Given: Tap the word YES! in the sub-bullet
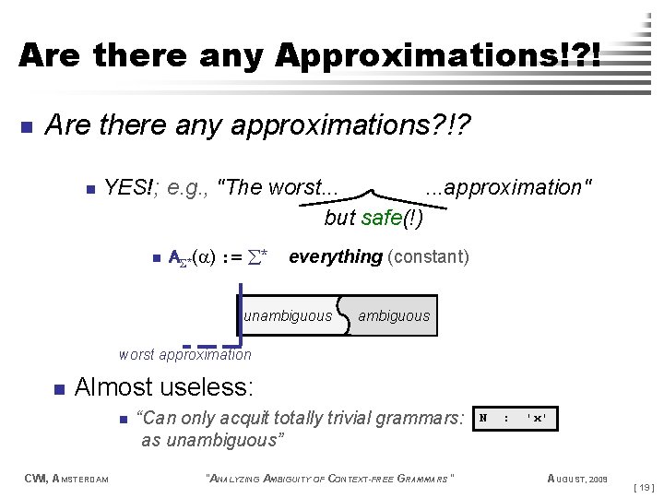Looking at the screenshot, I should (127, 188).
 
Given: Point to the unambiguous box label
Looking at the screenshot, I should (288, 316).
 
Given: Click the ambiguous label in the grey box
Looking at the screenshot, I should (394, 316).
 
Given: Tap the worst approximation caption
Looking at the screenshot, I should (184, 355).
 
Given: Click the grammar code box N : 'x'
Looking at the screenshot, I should (515, 419).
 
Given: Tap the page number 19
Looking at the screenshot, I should (646, 484).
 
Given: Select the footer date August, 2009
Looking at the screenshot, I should (577, 479).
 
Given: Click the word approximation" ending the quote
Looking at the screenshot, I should (508, 188).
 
